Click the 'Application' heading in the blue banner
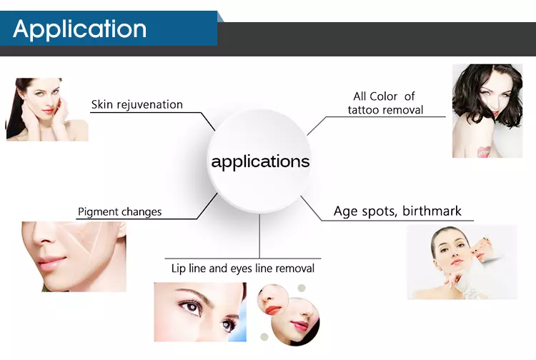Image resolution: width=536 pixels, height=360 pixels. [79, 29]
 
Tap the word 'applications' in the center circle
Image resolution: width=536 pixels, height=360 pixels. [260, 161]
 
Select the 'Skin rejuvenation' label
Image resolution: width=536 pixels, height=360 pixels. [137, 104]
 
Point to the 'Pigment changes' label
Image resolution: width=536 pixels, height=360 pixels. [119, 211]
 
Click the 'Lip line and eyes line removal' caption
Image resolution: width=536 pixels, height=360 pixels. [243, 269]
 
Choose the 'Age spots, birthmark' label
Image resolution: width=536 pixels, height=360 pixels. [397, 211]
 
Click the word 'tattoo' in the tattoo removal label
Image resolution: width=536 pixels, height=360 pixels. [364, 110]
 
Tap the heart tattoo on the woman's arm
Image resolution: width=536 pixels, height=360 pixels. [484, 151]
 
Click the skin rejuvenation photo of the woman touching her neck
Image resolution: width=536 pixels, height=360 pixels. [47, 109]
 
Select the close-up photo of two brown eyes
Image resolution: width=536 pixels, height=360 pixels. [200, 312]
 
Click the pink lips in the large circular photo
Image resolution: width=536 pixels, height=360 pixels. [299, 326]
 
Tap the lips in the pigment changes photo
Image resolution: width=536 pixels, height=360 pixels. [51, 263]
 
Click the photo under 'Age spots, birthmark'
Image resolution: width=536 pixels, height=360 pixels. [462, 262]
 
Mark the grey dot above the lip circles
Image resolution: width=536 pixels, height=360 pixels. [302, 288]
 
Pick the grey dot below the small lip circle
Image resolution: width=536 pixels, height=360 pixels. [264, 336]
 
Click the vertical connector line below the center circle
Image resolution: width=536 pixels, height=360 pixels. [259, 236]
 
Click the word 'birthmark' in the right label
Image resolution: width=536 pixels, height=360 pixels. [432, 211]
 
